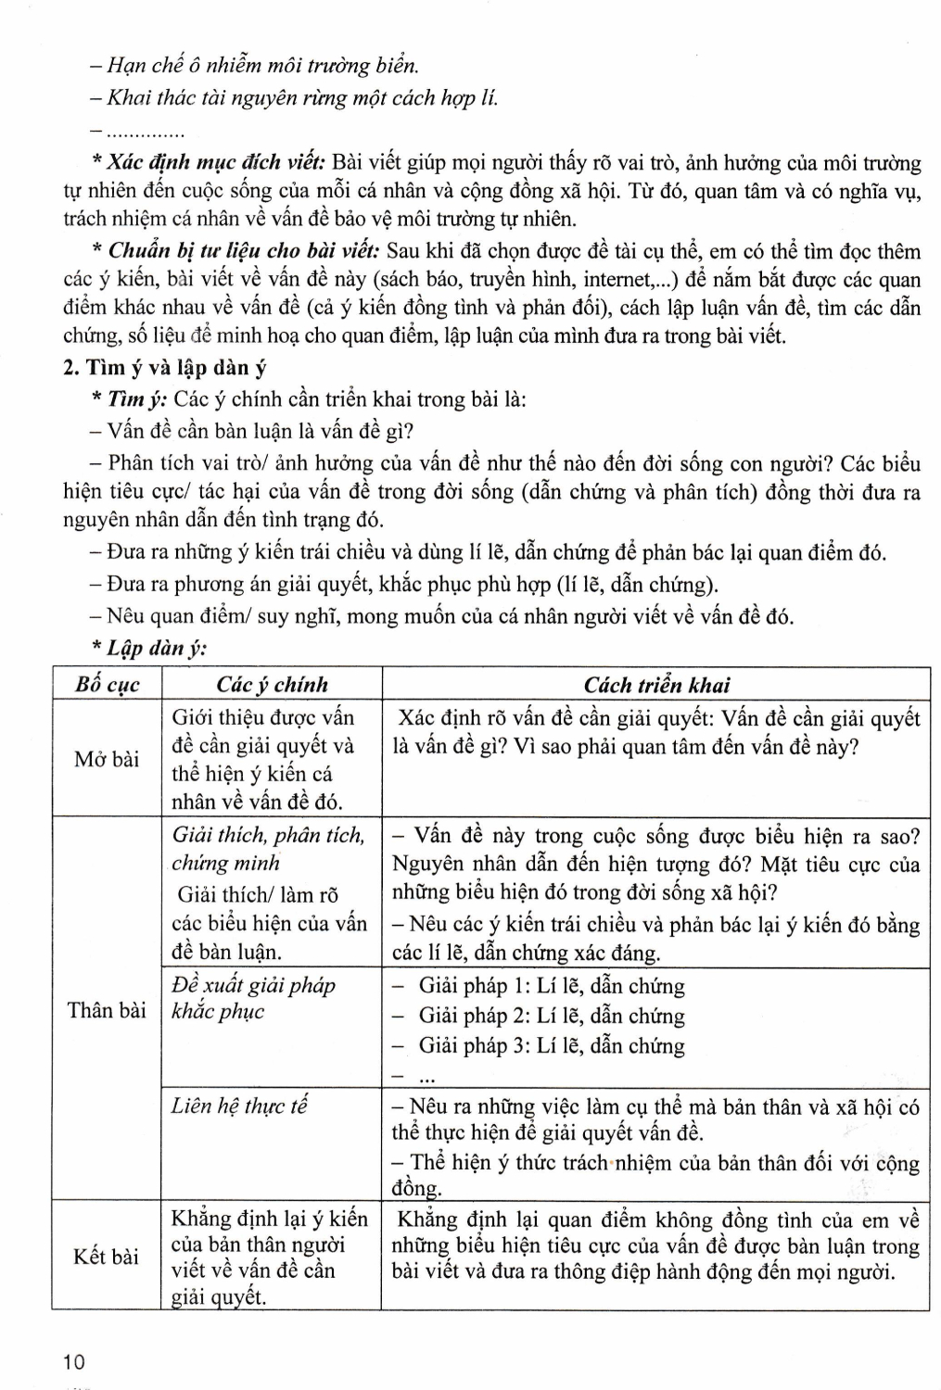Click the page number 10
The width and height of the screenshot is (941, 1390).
[74, 1362]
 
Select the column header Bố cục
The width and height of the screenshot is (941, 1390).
[108, 685]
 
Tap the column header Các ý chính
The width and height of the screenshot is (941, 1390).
[272, 685]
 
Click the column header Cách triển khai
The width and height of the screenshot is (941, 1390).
[656, 685]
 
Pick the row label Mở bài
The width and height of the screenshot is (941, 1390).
[107, 759]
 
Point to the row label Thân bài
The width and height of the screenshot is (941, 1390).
[107, 1010]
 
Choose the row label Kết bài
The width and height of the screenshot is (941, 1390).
[107, 1257]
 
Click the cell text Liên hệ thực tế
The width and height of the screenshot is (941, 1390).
[239, 1106]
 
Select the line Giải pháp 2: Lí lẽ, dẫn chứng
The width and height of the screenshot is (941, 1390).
[552, 1016]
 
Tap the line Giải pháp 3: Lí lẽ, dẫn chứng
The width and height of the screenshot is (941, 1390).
[552, 1046]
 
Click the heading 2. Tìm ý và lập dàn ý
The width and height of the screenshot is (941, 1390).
[165, 368]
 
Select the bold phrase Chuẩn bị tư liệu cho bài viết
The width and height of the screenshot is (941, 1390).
[245, 251]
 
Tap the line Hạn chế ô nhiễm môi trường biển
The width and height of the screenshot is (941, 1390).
[262, 66]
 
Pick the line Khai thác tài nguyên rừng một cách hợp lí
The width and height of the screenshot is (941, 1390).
[302, 97]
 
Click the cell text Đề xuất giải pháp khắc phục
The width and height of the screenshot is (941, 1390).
[253, 998]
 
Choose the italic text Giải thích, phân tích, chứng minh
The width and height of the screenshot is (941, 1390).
[268, 849]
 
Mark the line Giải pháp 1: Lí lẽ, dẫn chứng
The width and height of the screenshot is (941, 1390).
[552, 986]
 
